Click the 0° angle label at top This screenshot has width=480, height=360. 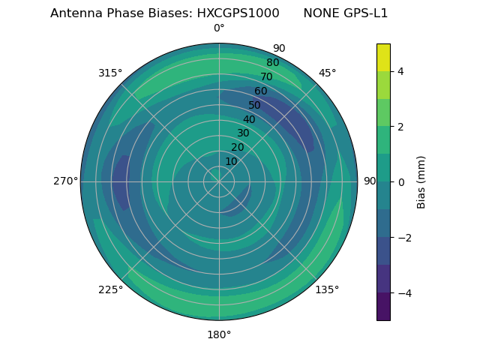coord(219,28)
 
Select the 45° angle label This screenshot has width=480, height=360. coord(327,73)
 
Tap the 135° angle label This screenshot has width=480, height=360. coord(327,289)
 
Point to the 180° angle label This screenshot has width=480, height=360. coord(219,334)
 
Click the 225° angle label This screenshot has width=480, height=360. coord(110,289)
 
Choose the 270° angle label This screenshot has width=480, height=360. coord(65,181)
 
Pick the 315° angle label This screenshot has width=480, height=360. coord(110,73)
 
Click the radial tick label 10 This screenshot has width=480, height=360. coord(231,161)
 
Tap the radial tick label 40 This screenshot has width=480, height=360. coord(249,120)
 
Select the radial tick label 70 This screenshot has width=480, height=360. coord(266,76)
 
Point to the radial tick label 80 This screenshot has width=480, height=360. coord(272,63)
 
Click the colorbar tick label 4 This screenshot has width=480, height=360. coord(400,71)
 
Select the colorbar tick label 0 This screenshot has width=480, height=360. coord(400,181)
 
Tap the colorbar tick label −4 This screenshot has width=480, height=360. coord(403,292)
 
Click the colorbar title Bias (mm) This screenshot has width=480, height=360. coord(421,181)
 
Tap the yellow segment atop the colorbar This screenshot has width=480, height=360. coord(383,57)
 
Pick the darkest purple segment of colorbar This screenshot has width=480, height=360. coord(383,306)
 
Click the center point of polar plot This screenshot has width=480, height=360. coord(219,181)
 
